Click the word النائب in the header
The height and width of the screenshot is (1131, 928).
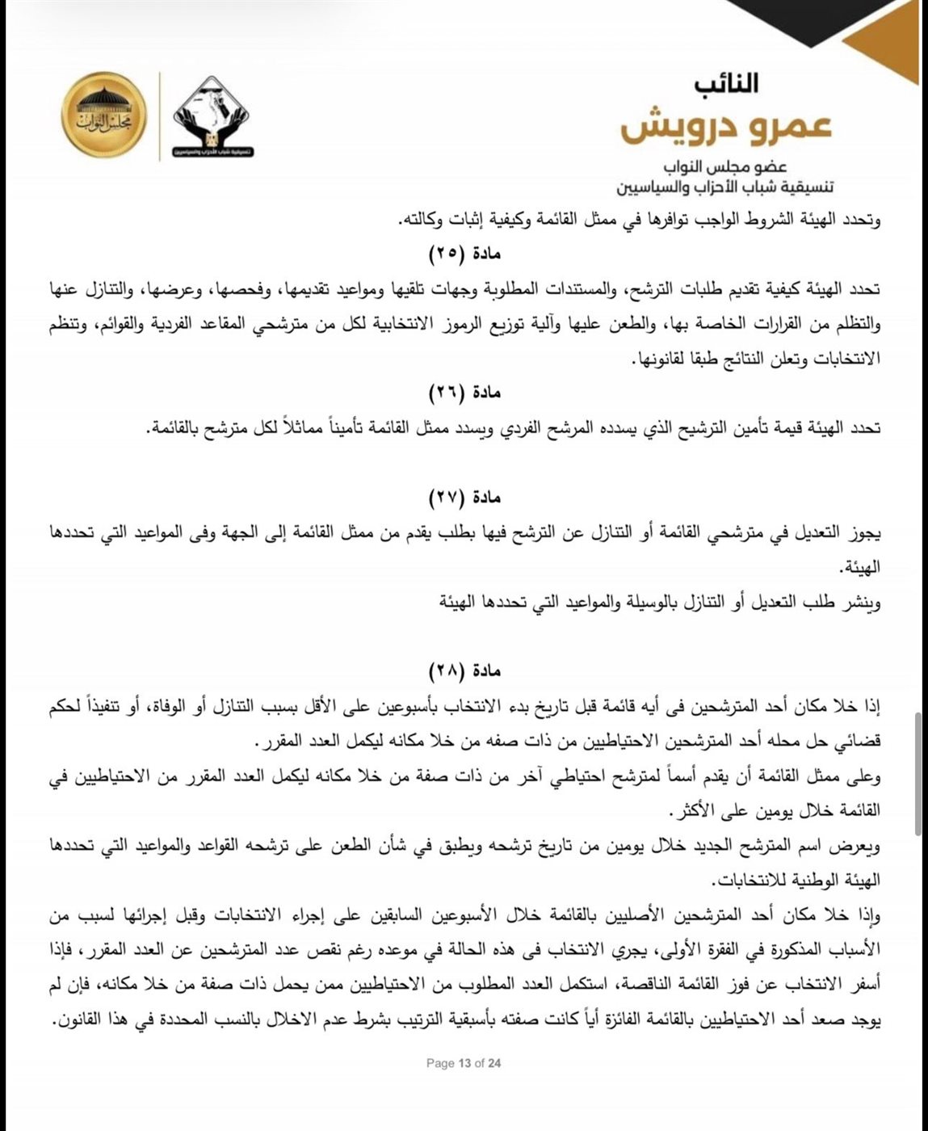point(726,82)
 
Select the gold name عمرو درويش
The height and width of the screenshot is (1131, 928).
point(726,128)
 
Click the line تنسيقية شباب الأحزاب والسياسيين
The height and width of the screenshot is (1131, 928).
point(724,187)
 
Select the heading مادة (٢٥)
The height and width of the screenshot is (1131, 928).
point(464,254)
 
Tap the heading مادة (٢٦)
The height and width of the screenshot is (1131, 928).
point(464,393)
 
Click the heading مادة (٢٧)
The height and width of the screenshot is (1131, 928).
point(464,498)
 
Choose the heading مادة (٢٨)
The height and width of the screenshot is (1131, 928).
point(464,671)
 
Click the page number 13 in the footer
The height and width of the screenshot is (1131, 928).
point(464,1063)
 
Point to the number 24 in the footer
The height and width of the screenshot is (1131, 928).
point(494,1063)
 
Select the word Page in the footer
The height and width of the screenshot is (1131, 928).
point(440,1063)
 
